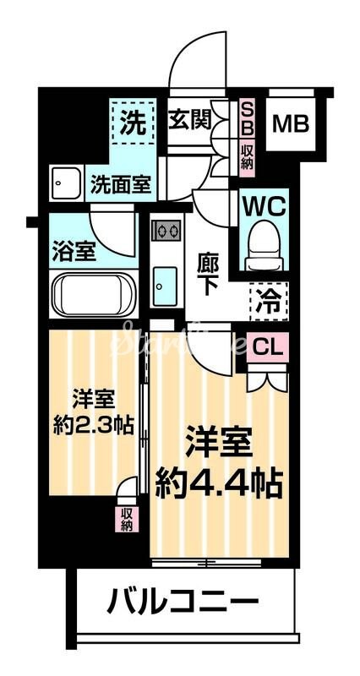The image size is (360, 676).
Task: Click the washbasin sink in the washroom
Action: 65,182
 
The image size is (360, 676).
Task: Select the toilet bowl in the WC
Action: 265,243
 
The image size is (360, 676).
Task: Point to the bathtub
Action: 94,295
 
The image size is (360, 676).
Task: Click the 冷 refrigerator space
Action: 268,298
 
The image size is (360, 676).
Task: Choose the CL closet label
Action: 267,346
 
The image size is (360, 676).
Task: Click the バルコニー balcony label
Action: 183,603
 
